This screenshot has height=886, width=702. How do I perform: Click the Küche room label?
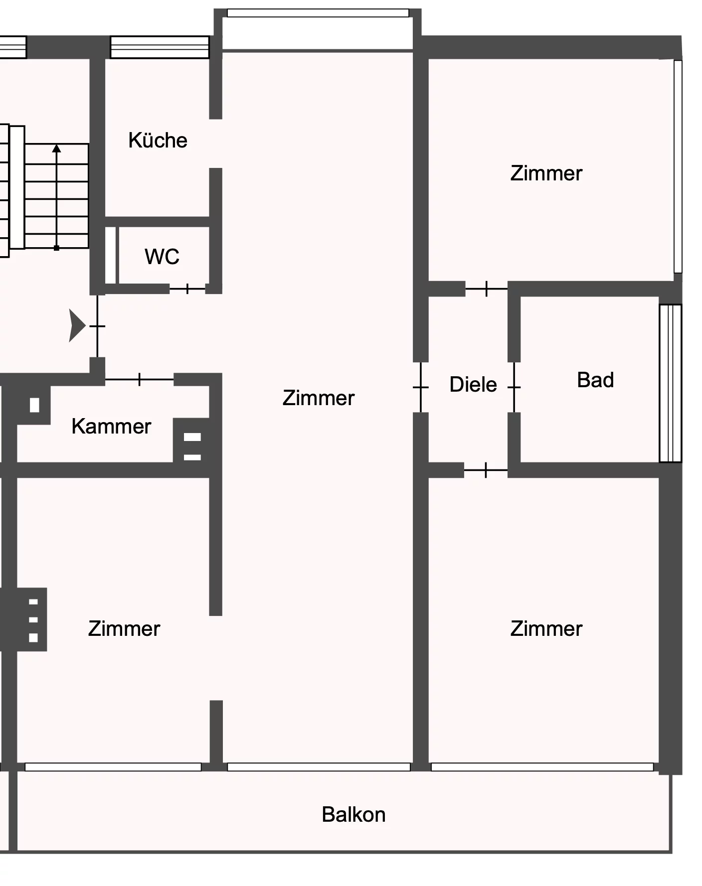coord(158,141)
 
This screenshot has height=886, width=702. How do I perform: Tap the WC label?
coord(162,257)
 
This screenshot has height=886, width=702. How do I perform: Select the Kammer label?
coord(111,427)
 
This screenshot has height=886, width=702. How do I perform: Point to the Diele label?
coord(473,385)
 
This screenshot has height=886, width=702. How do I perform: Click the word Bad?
coord(595,380)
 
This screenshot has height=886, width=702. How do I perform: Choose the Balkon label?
coord(353,815)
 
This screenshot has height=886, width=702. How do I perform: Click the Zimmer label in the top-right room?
coord(546,173)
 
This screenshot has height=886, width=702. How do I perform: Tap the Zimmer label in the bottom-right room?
coord(546,629)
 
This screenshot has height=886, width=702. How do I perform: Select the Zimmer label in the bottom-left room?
coord(124,629)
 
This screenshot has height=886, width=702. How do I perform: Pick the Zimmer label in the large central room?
coord(319,398)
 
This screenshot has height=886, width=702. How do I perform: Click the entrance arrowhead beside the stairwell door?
coord(77,326)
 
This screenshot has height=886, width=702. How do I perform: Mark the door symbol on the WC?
coord(187,289)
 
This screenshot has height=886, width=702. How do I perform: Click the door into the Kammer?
coord(139,380)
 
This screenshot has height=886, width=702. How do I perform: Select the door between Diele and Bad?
coord(514,387)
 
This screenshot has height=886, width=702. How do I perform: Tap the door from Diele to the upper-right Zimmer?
coord(487,289)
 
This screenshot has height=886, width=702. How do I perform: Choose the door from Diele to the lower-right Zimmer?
coord(486,470)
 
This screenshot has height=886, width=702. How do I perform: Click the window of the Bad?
coord(671,383)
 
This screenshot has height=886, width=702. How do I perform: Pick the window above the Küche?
coord(160,47)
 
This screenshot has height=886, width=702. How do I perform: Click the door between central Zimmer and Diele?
coord(421,387)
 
